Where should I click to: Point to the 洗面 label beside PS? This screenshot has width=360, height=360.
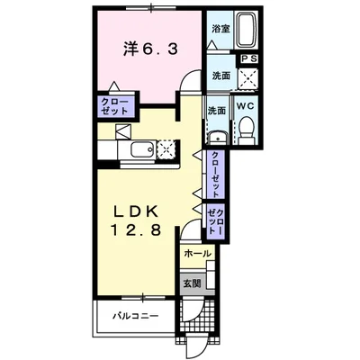click(221, 75)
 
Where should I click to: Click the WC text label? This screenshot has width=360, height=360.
click(246, 104)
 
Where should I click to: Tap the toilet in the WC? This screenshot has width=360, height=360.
click(246, 131)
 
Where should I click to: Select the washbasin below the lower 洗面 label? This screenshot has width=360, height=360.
click(217, 137)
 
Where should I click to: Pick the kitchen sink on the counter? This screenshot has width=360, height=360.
click(139, 149)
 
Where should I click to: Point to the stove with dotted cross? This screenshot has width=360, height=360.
click(165, 149)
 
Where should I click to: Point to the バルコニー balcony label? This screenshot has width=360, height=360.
click(135, 317)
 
